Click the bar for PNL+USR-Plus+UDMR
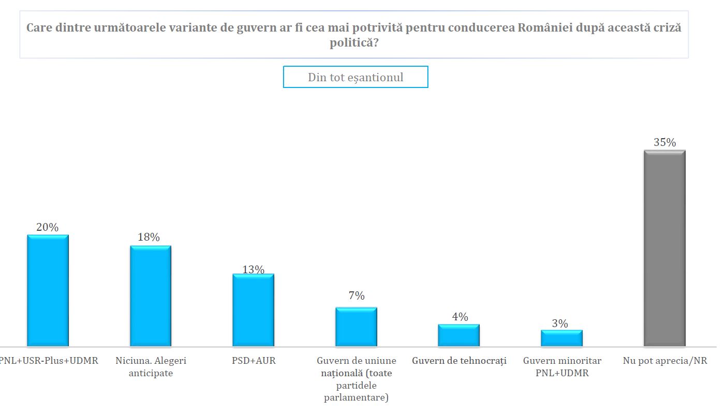tap(48, 290)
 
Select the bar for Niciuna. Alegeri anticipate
tap(150, 295)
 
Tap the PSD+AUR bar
tap(253, 309)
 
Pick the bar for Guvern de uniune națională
tap(356, 327)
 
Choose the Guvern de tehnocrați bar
tap(458, 335)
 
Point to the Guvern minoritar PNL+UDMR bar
tap(561, 338)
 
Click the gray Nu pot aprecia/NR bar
tap(664, 248)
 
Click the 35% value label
tap(664, 142)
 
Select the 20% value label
tap(47, 227)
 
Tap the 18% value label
tap(149, 238)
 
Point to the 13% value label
tap(253, 270)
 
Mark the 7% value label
tap(356, 296)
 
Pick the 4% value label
tap(459, 317)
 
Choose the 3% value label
tap(559, 324)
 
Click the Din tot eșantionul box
tap(355, 77)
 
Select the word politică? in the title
tap(354, 43)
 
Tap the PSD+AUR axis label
tap(254, 361)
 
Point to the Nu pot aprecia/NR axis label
tap(665, 361)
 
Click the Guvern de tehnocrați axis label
tap(459, 361)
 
